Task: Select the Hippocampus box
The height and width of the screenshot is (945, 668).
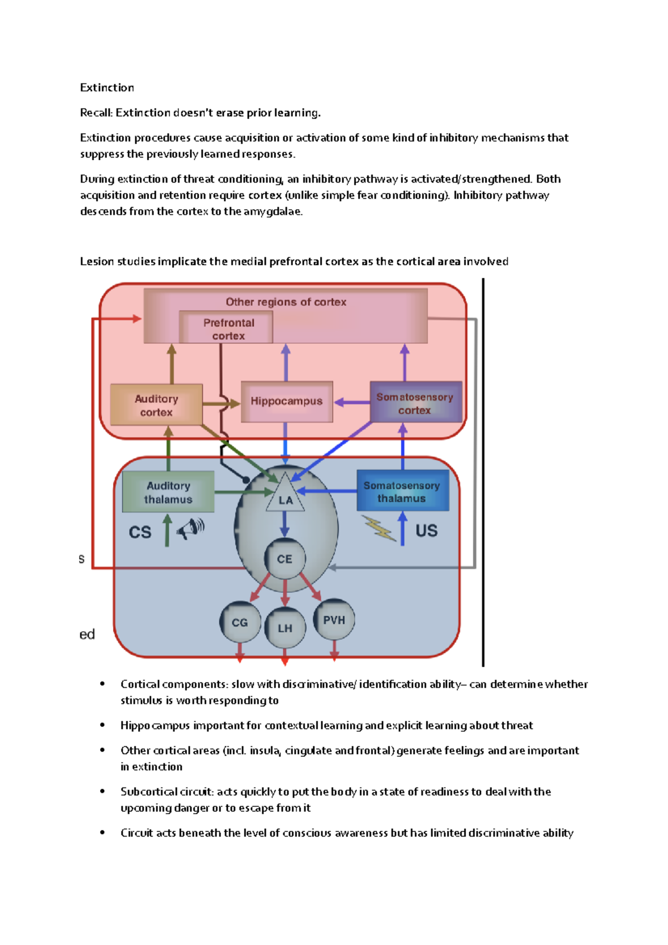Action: [x=287, y=401]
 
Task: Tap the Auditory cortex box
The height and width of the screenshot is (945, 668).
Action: [x=156, y=405]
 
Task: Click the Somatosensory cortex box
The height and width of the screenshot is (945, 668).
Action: [x=415, y=403]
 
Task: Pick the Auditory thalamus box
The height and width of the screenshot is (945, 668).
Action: [x=168, y=492]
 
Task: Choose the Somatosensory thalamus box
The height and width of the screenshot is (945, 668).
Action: [x=402, y=491]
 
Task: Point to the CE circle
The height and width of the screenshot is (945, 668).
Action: [x=284, y=559]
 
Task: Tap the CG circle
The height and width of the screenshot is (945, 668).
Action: [x=240, y=622]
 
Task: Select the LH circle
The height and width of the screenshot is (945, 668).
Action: [x=285, y=628]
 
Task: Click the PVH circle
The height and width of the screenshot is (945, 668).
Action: [x=334, y=620]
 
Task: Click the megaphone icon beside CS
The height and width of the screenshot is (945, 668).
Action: [x=191, y=528]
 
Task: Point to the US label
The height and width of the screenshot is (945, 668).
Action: [x=426, y=530]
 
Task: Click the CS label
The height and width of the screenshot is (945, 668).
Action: [x=140, y=533]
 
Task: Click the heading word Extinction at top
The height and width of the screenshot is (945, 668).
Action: [x=107, y=87]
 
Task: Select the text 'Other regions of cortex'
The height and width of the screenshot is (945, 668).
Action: [x=286, y=302]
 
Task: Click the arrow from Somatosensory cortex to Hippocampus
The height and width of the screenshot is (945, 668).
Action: [x=351, y=402]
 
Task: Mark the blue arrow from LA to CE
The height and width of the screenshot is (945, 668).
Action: [x=284, y=524]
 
